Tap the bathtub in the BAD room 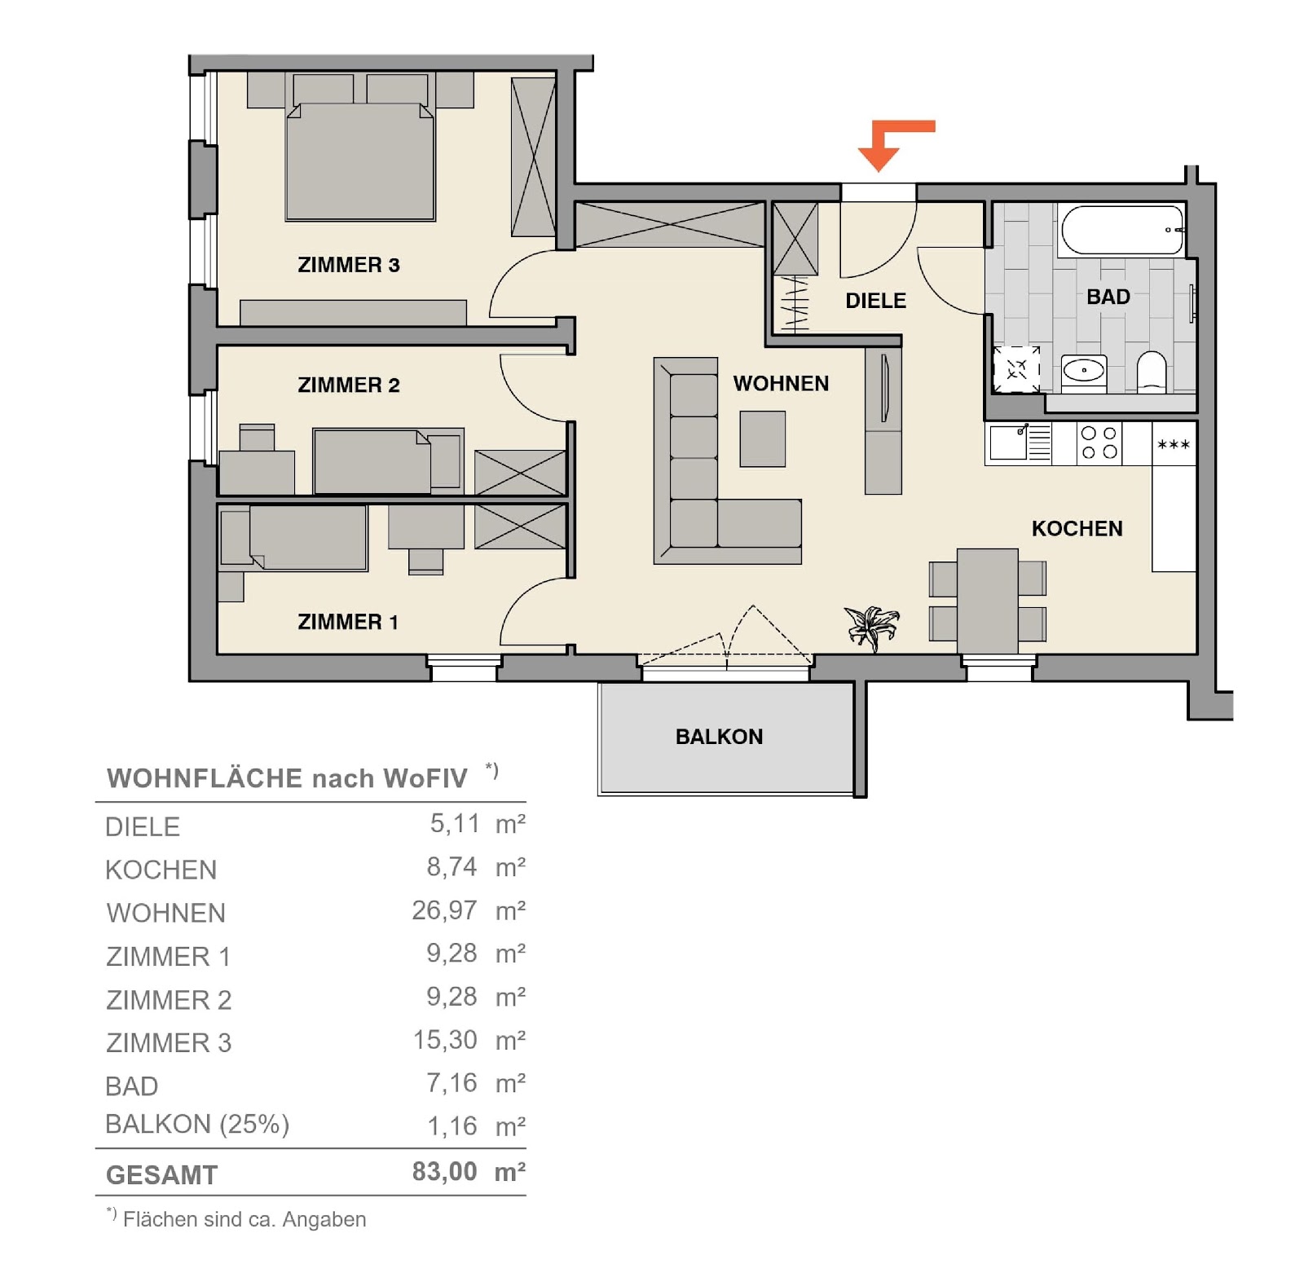coord(1122,230)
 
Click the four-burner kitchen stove coord(1099,443)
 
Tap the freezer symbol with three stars coord(1174,444)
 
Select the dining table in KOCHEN coord(988,601)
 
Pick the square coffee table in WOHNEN coord(763,438)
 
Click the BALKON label coord(719,737)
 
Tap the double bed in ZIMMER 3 coord(359,161)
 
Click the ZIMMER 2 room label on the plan coord(349,385)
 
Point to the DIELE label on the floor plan coord(875,301)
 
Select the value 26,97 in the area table coord(444,910)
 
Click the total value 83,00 coord(444,1171)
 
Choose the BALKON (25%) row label coord(197,1125)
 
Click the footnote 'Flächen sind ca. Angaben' coord(244,1219)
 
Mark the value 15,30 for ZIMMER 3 coord(445,1040)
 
